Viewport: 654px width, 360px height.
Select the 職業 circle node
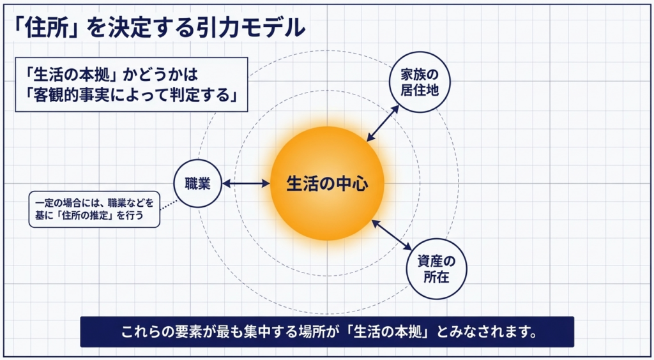(197, 184)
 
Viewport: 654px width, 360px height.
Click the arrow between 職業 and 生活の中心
(246, 184)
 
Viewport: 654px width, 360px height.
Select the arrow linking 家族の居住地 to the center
(383, 123)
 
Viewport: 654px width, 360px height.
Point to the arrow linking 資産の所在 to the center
(392, 236)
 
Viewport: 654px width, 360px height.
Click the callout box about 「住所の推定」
(94, 209)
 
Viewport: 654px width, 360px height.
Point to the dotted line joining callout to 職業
(169, 205)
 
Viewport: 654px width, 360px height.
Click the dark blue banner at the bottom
(327, 332)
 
